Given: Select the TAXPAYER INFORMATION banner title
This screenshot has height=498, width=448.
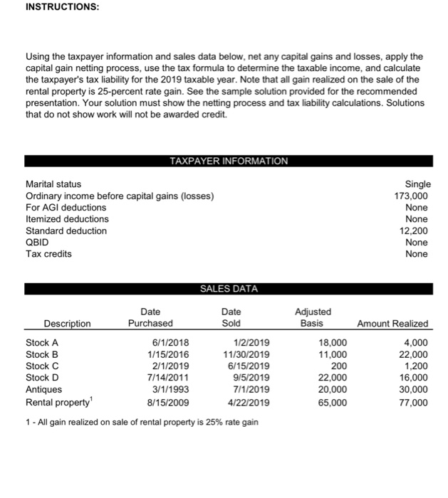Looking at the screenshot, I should [x=229, y=161].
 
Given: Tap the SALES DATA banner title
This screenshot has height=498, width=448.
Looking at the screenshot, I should [x=229, y=288].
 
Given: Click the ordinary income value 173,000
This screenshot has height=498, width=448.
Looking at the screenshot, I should [x=412, y=196].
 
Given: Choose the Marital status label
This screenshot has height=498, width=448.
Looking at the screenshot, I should [x=53, y=184].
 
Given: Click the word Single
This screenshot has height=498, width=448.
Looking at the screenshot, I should [x=417, y=184].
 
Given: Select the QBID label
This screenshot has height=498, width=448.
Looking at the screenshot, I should [x=37, y=242].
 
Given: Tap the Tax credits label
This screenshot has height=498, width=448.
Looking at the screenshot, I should [x=48, y=254].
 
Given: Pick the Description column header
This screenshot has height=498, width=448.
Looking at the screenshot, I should [x=67, y=324].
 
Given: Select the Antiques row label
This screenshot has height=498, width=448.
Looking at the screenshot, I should [x=43, y=389].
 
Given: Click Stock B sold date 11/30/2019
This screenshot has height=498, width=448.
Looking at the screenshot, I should [x=246, y=354].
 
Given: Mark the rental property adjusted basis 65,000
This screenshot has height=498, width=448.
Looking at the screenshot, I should [x=333, y=401].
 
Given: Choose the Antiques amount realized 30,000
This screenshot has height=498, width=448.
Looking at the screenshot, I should [x=413, y=389].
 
